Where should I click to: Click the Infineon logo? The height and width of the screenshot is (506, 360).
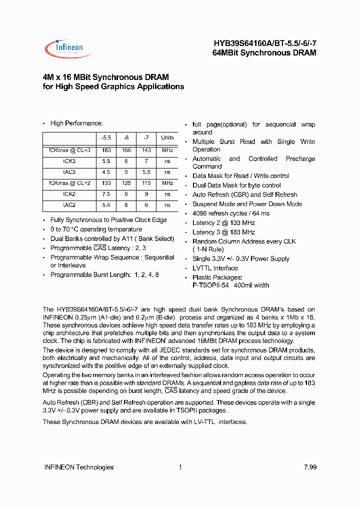coord(64,48)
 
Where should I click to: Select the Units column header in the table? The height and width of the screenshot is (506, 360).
coord(167,138)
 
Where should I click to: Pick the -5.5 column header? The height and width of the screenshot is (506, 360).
coord(106,138)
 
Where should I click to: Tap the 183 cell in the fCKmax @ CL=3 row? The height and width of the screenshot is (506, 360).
coord(106,150)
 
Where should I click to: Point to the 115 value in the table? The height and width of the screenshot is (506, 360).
coord(146,183)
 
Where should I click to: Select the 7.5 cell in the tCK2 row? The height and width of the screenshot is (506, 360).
coord(106,194)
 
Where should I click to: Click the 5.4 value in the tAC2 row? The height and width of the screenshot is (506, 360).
coord(106,205)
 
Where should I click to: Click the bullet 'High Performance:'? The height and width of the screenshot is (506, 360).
coord(76,123)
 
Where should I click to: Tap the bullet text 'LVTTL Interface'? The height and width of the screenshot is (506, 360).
coord(215,268)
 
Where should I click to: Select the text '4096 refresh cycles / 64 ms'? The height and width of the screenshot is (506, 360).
coord(231,213)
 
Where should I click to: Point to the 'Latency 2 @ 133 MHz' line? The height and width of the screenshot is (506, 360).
coord(223,223)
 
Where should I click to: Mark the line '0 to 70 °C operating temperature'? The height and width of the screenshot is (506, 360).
coord(96,229)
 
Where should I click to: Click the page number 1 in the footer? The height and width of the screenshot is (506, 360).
coord(180,467)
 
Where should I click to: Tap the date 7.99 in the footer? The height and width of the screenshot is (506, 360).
coord(310,467)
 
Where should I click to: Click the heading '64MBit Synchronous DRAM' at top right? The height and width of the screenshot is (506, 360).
coord(267,52)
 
